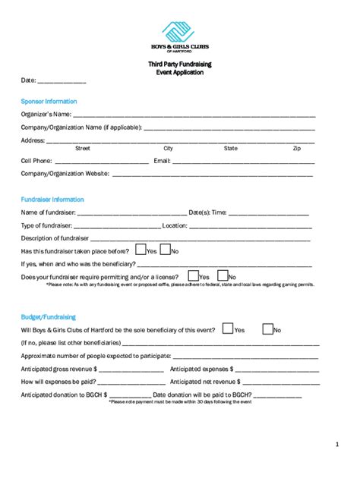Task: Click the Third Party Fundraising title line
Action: point(180,64)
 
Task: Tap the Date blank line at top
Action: point(62,80)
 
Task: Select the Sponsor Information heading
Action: point(49,101)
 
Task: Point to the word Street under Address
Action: point(83,149)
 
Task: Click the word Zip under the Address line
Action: point(297,149)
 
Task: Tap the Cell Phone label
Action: point(36,161)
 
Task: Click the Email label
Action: point(162,161)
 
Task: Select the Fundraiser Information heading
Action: point(52,199)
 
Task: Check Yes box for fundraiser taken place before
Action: point(140,250)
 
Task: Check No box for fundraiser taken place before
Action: point(165,250)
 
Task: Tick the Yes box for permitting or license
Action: point(193,276)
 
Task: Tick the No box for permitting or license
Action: point(223,276)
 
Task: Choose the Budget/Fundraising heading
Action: point(48,316)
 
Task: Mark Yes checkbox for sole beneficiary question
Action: point(228,329)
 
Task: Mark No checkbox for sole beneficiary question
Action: point(267,329)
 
